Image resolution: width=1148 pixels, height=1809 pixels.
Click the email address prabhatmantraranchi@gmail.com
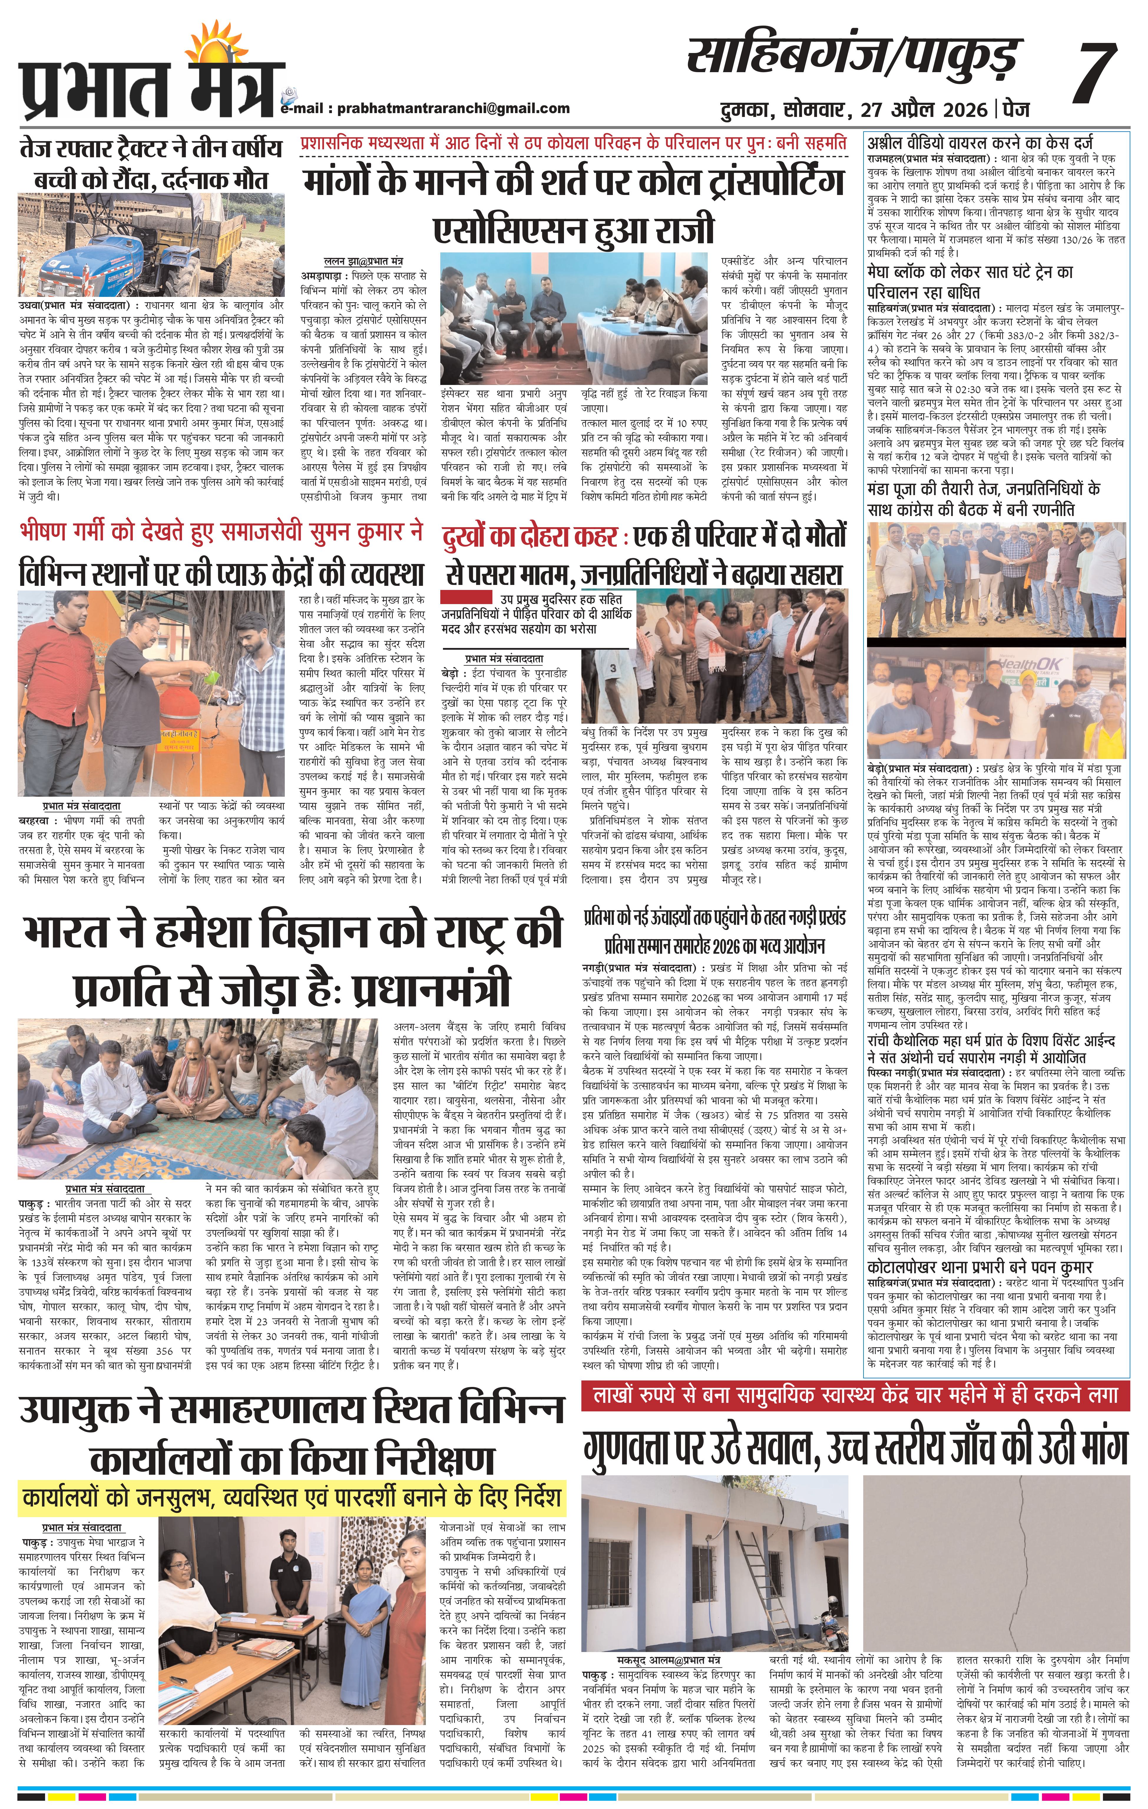[x=453, y=108]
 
